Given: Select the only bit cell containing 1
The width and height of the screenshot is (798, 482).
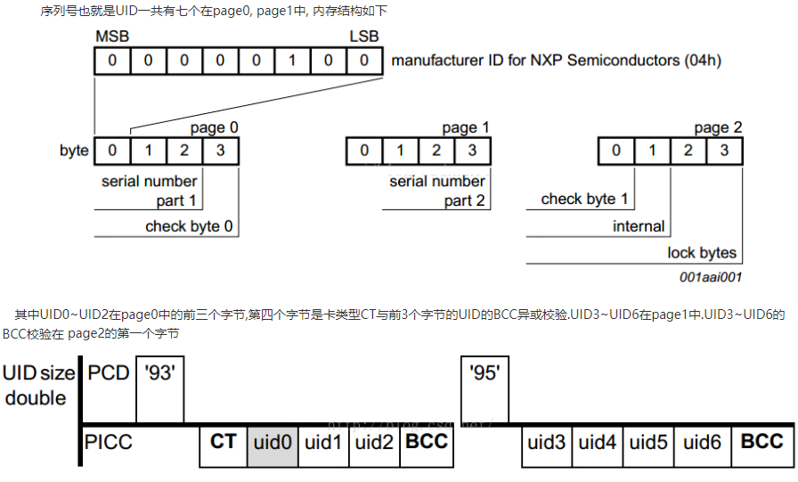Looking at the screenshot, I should (291, 61).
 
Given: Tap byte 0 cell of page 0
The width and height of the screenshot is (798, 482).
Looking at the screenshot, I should (112, 150).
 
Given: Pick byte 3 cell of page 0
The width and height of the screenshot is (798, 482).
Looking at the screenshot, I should (221, 150).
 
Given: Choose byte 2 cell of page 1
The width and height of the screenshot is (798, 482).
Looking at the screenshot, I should (436, 150).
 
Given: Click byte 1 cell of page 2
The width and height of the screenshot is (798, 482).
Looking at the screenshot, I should (652, 150).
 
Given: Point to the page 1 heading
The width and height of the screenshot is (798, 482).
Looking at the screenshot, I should (465, 128).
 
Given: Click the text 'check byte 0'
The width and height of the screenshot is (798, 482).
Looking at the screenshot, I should (189, 226).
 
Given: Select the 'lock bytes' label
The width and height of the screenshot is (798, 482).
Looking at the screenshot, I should (702, 253).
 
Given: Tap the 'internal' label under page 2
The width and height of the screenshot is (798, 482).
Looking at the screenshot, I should (639, 226).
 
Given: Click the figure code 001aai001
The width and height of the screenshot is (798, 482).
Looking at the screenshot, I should (710, 278).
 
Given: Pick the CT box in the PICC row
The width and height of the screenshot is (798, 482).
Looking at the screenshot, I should (223, 443).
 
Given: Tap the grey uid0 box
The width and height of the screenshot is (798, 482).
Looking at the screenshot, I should (273, 443).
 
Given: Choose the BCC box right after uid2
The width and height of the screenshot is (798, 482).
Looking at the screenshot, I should (427, 443).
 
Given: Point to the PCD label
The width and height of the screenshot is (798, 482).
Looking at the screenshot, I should (108, 374).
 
